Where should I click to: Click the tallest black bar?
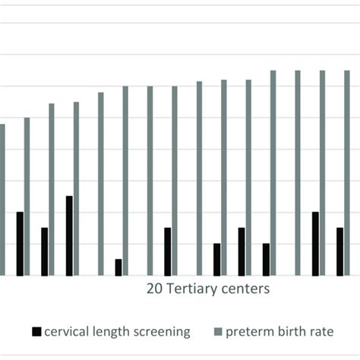coord(69,235)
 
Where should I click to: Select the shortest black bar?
coord(118,267)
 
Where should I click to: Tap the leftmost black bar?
coord(20,243)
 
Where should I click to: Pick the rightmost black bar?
coord(340,251)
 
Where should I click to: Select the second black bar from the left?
coord(45,251)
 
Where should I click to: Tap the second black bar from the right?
coord(315,243)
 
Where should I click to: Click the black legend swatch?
coord(36,332)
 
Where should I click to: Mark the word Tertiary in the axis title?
coord(190,289)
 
